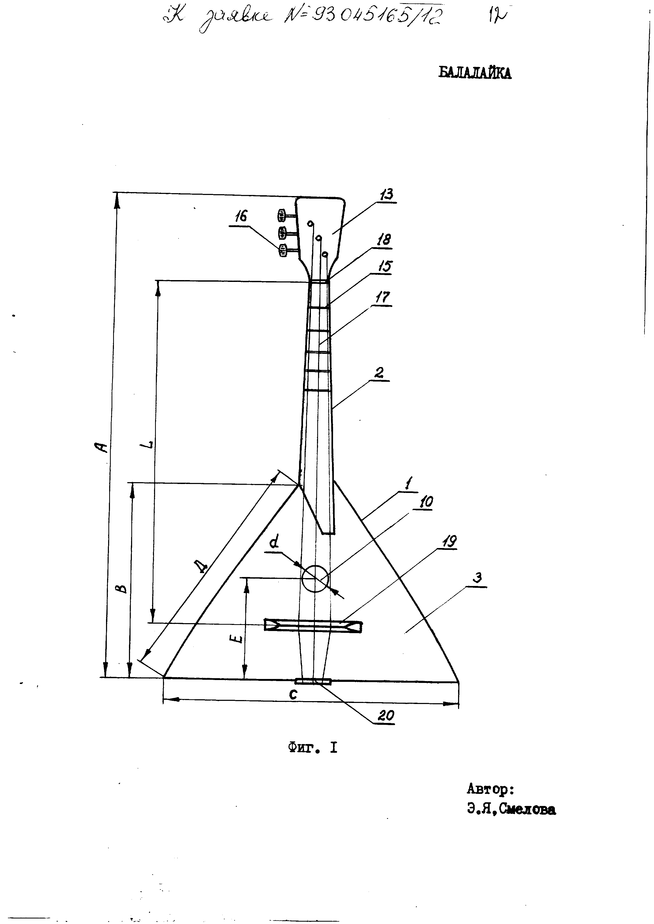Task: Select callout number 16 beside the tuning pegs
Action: [x=241, y=217]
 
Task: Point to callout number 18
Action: [x=383, y=239]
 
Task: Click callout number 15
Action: [x=384, y=266]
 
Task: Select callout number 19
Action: [x=449, y=542]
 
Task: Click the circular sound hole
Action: [x=315, y=578]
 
